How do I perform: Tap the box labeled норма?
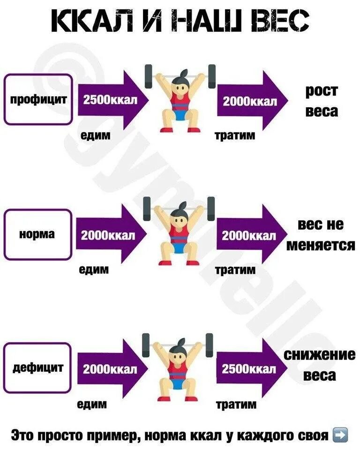click(38, 234)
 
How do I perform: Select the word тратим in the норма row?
click(235, 270)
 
